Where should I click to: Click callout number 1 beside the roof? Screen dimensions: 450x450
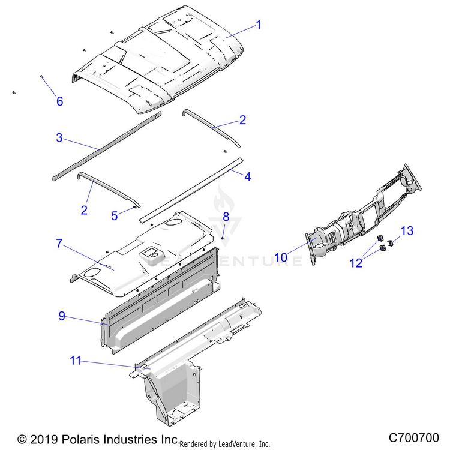coord(259,25)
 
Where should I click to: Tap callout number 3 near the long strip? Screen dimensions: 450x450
coord(59,137)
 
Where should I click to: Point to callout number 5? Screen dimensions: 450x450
coord(114,217)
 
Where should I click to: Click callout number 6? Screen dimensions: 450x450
coord(59,101)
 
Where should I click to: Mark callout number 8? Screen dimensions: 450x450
coord(226,215)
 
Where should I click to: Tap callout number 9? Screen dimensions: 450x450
coord(61,317)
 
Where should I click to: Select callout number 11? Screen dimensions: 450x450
coord(75,361)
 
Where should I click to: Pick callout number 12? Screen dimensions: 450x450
coord(356,262)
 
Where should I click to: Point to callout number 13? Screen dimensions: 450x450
coord(407,231)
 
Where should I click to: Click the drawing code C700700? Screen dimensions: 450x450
coord(414,437)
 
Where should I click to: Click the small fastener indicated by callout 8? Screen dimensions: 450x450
coord(223,238)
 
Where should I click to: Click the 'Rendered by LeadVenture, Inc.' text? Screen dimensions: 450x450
coord(225,443)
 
